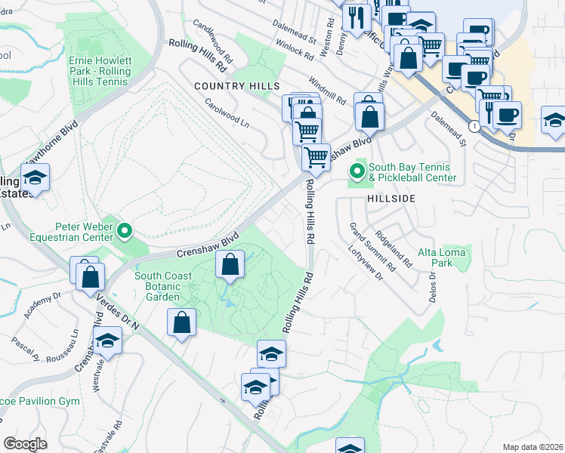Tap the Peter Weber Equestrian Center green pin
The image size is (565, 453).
click(126, 231)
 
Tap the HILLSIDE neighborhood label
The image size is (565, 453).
click(391, 198)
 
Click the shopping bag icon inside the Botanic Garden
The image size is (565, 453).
click(230, 265)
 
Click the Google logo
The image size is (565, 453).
click(25, 444)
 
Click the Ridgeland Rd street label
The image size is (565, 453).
click(395, 250)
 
